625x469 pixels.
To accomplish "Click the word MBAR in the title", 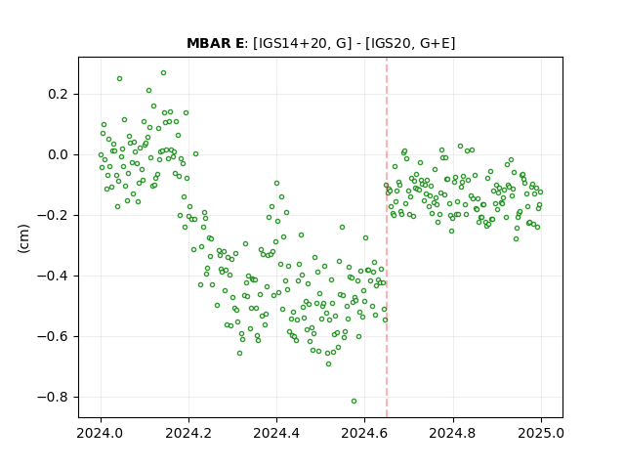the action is tap(209, 43).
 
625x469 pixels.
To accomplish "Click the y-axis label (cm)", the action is tap(23, 238).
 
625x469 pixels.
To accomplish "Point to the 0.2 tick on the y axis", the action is tap(58, 95).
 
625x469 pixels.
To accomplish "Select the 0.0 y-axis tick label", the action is tap(58, 154).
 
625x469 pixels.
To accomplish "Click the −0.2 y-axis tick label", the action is tap(53, 215).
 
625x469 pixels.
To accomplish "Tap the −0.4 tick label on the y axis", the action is tap(53, 276).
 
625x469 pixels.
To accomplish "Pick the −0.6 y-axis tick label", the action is tap(53, 336).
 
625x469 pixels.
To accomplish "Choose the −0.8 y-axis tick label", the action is tap(53, 398).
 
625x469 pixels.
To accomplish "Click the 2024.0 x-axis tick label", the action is tap(101, 433).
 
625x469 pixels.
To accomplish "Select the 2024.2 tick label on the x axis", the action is tap(188, 433).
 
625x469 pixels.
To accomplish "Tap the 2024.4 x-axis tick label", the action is tap(276, 433).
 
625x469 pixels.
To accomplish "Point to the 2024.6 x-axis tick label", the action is tap(364, 433).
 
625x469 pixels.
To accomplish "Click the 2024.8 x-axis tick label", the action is tap(452, 433).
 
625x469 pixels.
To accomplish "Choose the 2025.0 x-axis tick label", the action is tap(540, 433).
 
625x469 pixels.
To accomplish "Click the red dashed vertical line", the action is tap(387, 237).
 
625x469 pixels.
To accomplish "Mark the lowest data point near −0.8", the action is tap(354, 401).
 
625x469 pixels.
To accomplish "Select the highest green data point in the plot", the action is tap(163, 72).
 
